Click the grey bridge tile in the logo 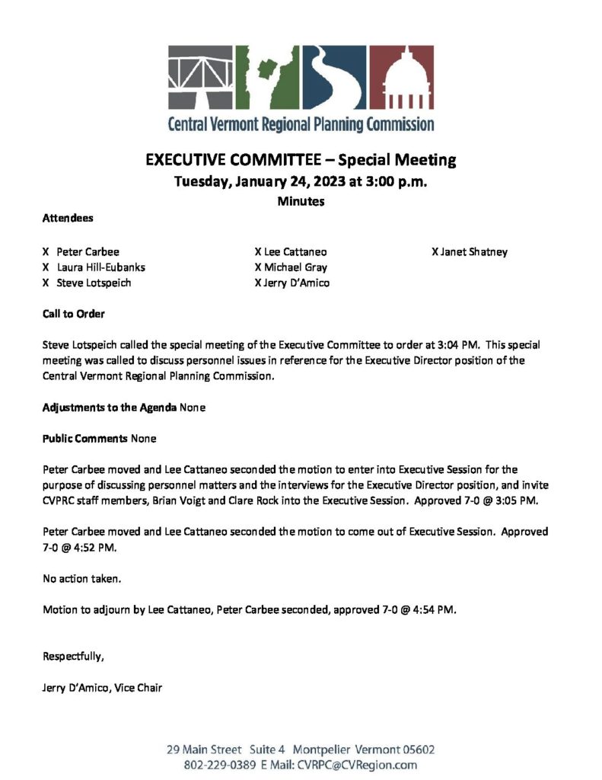pyautogui.click(x=200, y=77)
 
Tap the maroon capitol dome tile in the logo pyautogui.click(x=402, y=77)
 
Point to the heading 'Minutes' pyautogui.click(x=301, y=201)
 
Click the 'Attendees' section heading pyautogui.click(x=68, y=218)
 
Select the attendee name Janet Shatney pyautogui.click(x=473, y=252)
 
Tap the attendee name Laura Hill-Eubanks pyautogui.click(x=100, y=267)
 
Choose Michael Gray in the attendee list pyautogui.click(x=295, y=267)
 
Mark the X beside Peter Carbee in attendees pyautogui.click(x=46, y=252)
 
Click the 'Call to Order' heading pyautogui.click(x=73, y=314)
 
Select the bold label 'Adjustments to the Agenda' pyautogui.click(x=109, y=408)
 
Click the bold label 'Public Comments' pyautogui.click(x=85, y=439)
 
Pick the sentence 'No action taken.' pyautogui.click(x=81, y=579)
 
